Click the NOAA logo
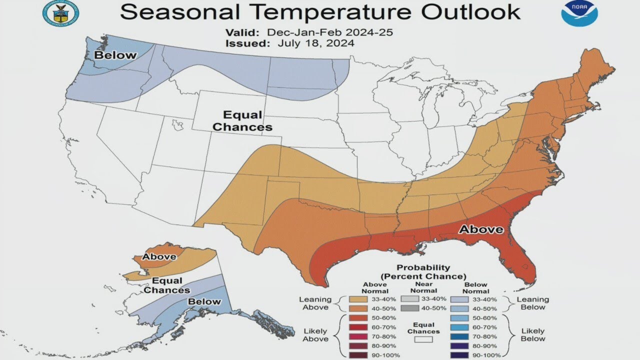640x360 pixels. click(x=579, y=13)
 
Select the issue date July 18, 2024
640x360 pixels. click(x=312, y=43)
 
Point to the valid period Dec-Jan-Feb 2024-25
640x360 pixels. click(x=330, y=32)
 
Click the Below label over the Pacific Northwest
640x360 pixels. click(x=115, y=55)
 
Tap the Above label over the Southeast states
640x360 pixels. click(x=481, y=229)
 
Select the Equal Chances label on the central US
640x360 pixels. click(x=242, y=121)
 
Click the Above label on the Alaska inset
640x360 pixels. click(x=159, y=257)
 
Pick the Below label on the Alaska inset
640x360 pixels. click(x=204, y=301)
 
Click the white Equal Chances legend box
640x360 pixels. click(x=423, y=339)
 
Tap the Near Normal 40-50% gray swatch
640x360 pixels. click(x=409, y=308)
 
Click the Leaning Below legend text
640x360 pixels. click(x=532, y=303)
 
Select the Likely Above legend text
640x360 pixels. click(x=315, y=335)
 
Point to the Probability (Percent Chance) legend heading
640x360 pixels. click(x=423, y=272)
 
